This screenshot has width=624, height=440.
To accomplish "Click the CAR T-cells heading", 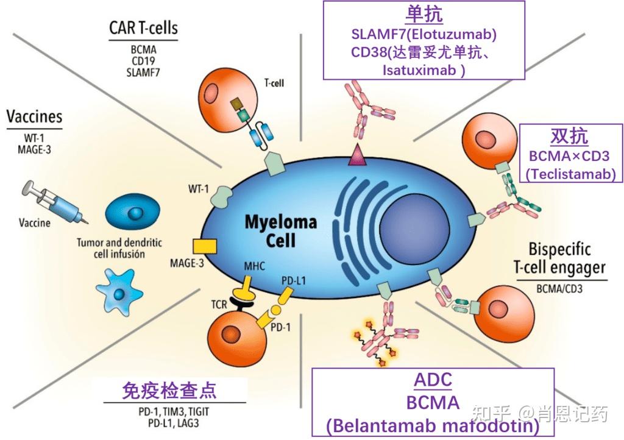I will (144, 28).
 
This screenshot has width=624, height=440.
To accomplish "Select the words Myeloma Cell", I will (280, 230).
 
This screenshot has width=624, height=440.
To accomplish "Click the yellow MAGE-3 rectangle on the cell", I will (205, 246).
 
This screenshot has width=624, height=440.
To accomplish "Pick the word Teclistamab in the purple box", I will (572, 173).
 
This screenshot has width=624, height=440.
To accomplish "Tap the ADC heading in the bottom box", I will (433, 380).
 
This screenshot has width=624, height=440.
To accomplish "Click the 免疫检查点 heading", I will (169, 390).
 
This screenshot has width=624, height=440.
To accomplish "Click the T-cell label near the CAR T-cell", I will (274, 83).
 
